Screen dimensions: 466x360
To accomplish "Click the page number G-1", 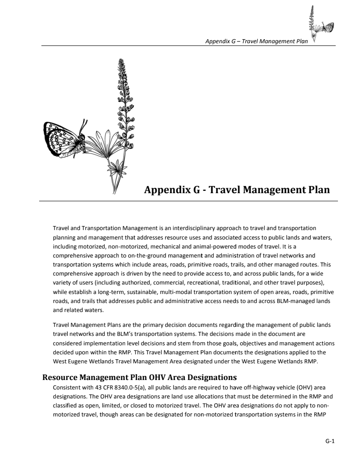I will pos(330,442).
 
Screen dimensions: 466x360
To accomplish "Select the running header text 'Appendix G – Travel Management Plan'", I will pos(256,41).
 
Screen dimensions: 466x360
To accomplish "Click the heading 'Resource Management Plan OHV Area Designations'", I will pos(139,377).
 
